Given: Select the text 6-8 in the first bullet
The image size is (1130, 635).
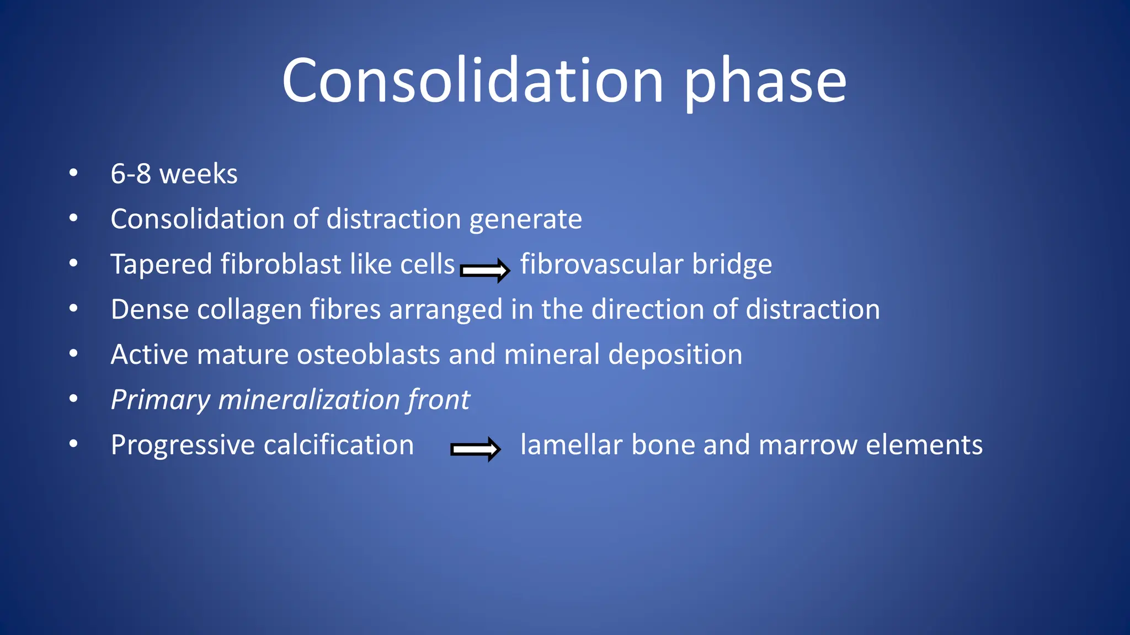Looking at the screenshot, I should pyautogui.click(x=131, y=174).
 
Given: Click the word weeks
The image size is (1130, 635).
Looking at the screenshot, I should pyautogui.click(x=198, y=174).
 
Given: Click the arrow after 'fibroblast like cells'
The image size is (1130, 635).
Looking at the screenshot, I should pyautogui.click(x=484, y=270).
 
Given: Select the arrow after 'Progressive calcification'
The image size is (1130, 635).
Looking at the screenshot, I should pyautogui.click(x=475, y=449).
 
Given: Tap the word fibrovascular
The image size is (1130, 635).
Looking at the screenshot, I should pyautogui.click(x=601, y=264).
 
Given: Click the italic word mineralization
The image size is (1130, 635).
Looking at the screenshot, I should pyautogui.click(x=309, y=400).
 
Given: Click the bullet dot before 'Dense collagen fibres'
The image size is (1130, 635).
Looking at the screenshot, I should pyautogui.click(x=73, y=309).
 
